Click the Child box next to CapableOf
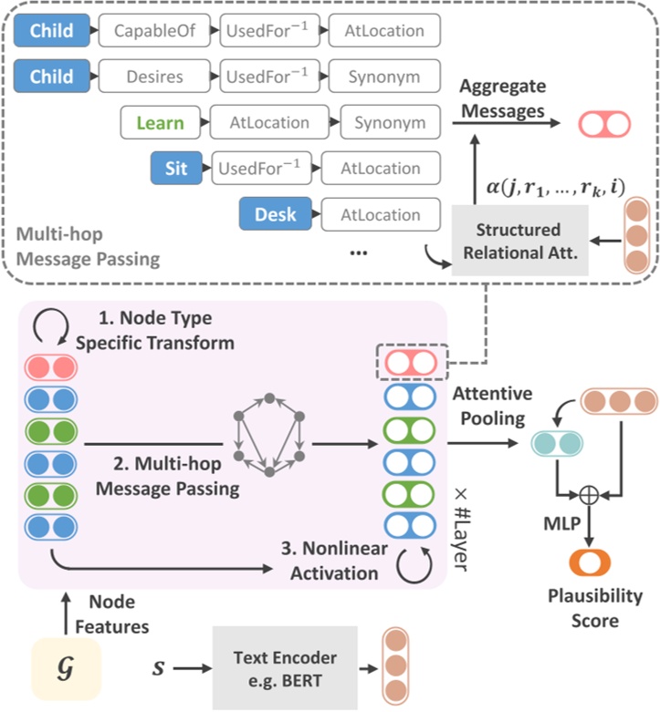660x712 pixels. (x=51, y=31)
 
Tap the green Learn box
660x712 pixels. (x=160, y=122)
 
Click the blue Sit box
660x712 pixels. (x=176, y=168)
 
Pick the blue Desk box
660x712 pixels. (x=275, y=215)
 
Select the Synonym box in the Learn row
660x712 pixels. (x=390, y=122)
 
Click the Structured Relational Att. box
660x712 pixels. (x=518, y=241)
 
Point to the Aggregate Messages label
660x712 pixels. (x=502, y=98)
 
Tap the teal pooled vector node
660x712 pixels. (x=556, y=444)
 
